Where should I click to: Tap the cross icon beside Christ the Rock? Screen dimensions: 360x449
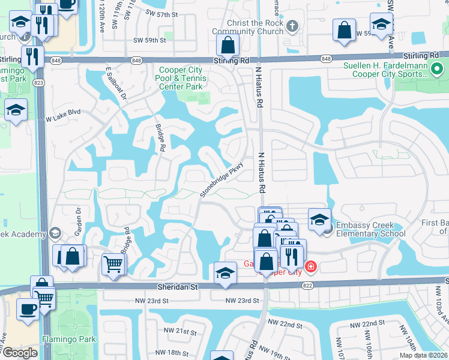(292, 26)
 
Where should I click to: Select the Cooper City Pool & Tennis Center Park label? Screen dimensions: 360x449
(181, 78)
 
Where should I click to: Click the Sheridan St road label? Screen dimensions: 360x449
(178, 287)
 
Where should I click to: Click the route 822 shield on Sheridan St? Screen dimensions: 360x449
(308, 286)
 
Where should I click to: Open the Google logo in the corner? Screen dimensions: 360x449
(19, 353)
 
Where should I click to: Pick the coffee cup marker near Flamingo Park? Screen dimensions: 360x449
(28, 309)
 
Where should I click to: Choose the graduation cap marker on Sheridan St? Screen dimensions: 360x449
(225, 272)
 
